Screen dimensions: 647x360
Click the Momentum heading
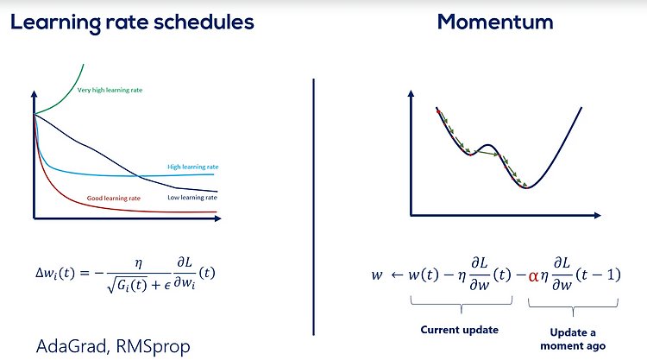point(495,22)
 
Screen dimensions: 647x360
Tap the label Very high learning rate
point(110,90)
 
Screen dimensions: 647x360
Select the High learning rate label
point(192,167)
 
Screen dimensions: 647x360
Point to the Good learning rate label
point(114,199)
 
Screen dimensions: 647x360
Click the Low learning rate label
point(192,198)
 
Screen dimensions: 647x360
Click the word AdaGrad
point(72,346)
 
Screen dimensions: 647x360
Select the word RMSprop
point(153,347)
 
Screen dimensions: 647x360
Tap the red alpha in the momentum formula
point(533,275)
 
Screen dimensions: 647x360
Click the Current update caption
point(459,330)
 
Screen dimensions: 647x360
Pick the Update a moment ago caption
point(573,339)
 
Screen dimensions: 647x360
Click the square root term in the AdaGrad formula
point(127,285)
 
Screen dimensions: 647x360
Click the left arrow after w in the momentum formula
point(397,275)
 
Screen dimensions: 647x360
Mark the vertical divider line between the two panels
point(314,207)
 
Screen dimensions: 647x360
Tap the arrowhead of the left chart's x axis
point(218,218)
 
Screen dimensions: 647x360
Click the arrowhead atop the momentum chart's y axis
point(411,94)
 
